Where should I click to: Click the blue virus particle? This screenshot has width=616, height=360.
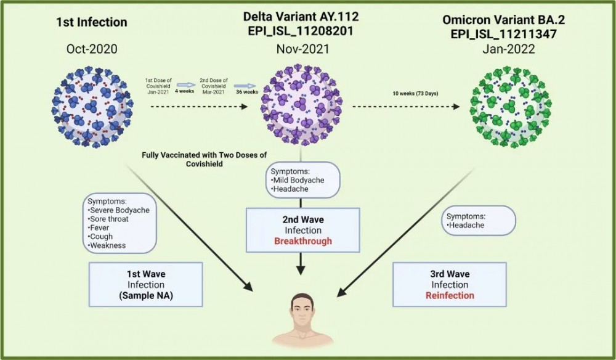coord(92,107)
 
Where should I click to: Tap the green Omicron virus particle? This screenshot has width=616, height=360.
coord(510,107)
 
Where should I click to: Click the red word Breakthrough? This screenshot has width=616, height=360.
coord(303,241)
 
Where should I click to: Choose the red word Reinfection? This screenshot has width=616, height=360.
coord(450,295)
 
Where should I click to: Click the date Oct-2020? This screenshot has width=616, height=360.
coord(92,49)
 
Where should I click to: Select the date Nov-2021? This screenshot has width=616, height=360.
coord(302,49)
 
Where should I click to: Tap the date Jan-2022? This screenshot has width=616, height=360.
coord(509,49)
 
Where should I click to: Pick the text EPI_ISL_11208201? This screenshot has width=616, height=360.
coord(301,31)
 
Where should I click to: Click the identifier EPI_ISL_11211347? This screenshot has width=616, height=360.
coord(504,34)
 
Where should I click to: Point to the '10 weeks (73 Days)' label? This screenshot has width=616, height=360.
coord(415,94)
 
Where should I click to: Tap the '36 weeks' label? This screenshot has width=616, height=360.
coord(247,92)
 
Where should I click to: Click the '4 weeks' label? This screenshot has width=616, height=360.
coord(185,91)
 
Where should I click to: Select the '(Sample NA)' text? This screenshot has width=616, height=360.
coord(146,295)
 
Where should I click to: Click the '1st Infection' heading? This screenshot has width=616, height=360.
coord(92,22)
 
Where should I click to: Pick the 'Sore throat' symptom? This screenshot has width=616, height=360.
coord(108,219)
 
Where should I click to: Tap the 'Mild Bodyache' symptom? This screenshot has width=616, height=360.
coord(298,180)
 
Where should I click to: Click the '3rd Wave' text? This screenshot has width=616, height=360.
coord(450,274)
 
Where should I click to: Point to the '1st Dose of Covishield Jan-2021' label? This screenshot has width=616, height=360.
coord(158,86)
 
